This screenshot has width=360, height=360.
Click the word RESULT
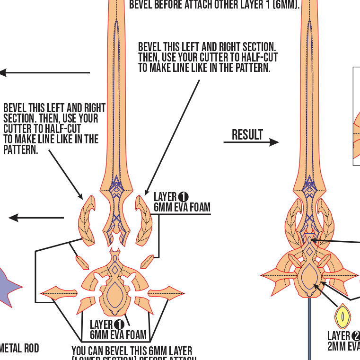point(247,135)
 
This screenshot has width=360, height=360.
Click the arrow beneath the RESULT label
point(251,142)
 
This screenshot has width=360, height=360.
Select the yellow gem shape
point(342,316)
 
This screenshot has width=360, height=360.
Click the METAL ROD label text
point(19,349)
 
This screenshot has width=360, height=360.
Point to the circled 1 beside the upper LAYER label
point(184,196)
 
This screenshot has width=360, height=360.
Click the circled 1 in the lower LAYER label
point(119,325)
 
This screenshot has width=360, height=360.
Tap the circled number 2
point(355,336)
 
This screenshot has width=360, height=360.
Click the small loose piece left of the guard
point(82,262)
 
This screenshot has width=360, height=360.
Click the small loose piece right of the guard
point(147,261)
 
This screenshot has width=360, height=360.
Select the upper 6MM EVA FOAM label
point(182,207)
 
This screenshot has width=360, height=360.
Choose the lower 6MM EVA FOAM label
point(118,335)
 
